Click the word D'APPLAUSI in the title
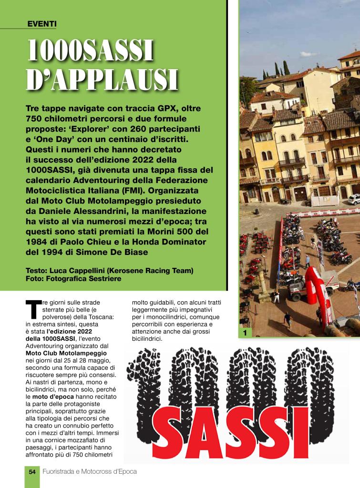click(102, 80)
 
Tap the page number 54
click(32, 471)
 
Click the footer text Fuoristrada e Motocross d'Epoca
click(90, 471)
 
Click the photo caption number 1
click(244, 333)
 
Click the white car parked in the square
click(353, 199)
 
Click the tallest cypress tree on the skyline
click(286, 68)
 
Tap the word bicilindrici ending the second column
click(147, 339)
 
